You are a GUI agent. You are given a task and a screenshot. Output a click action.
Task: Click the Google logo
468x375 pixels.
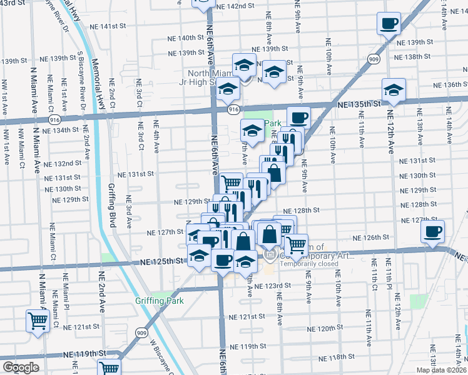coord(21,367)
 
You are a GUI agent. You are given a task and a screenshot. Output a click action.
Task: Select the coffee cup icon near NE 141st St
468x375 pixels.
coord(388,24)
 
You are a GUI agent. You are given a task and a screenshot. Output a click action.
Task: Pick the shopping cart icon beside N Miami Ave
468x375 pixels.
coord(38,321)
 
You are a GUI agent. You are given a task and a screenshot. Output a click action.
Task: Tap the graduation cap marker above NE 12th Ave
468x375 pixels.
coord(394,89)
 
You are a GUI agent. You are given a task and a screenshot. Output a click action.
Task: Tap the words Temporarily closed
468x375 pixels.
coord(309,263)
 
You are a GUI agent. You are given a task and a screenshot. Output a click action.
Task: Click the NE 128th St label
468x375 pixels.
coord(302,211)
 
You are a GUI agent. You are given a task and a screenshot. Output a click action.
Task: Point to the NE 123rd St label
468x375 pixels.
coord(275,285)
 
